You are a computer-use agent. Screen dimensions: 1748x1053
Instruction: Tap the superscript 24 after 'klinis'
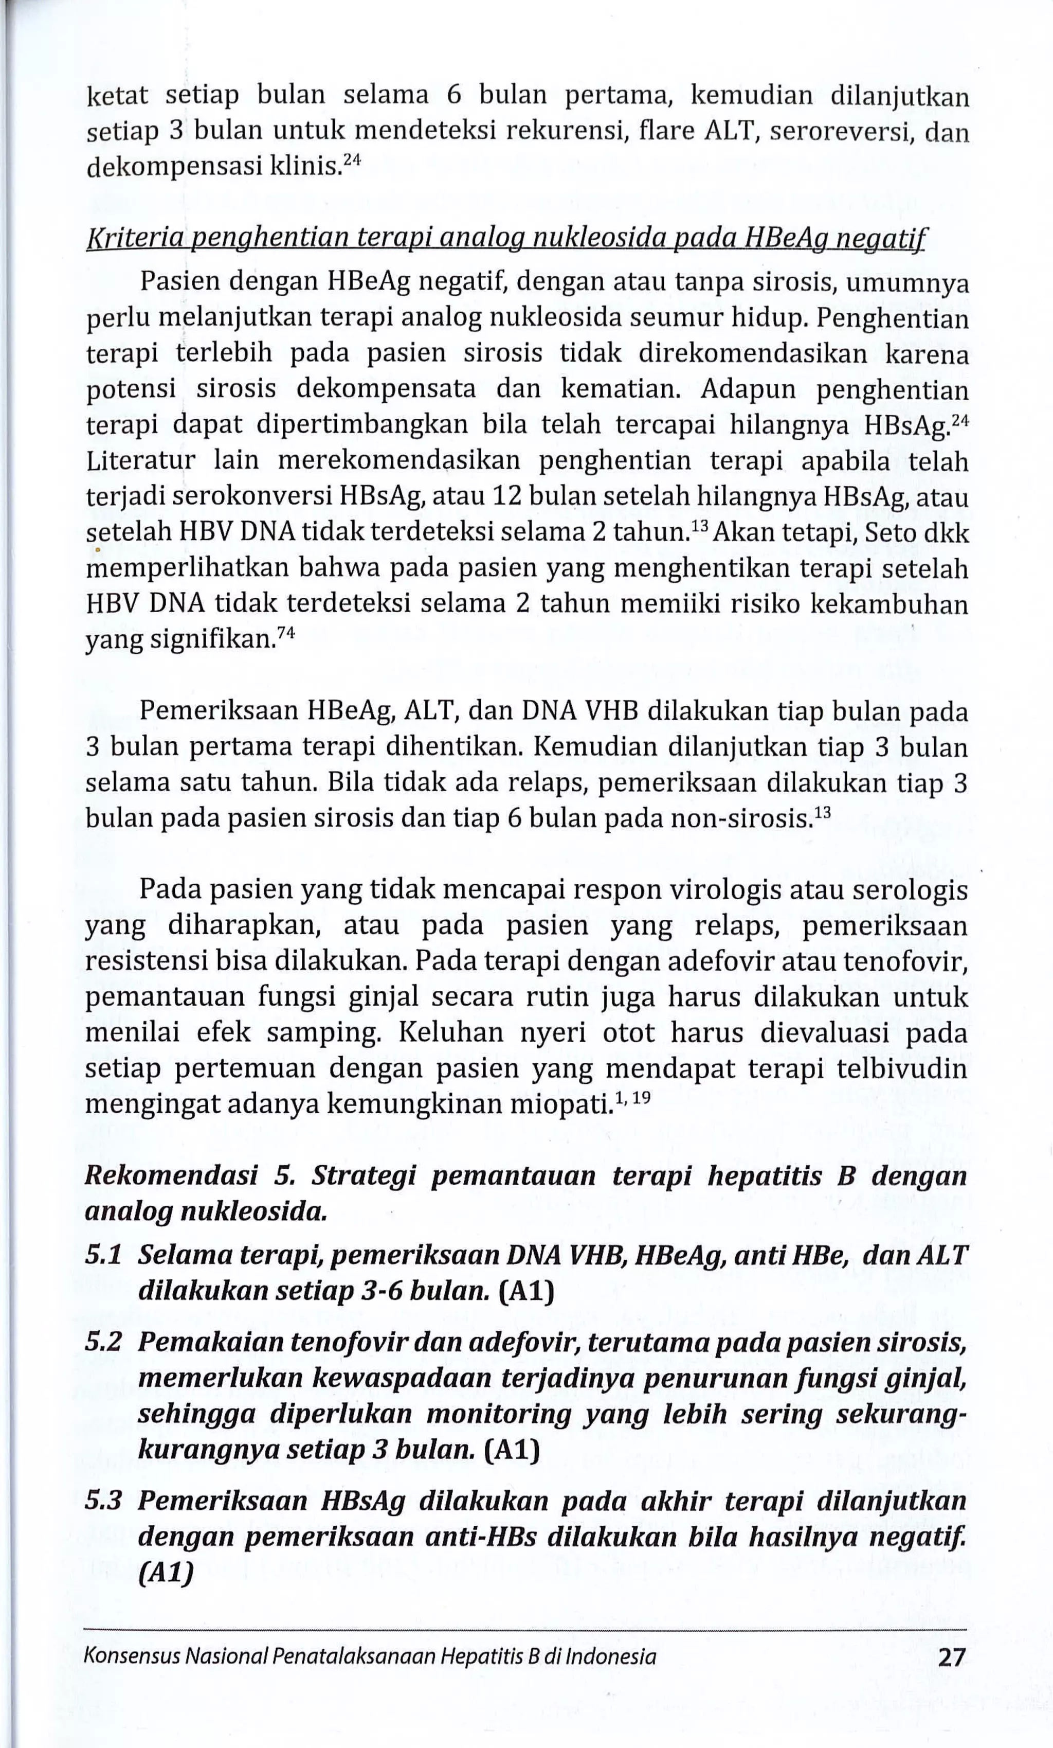tap(352, 161)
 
